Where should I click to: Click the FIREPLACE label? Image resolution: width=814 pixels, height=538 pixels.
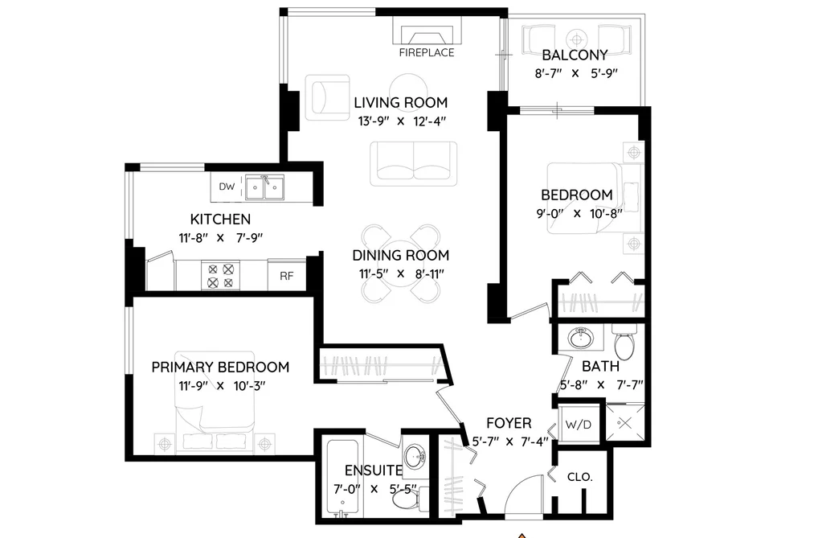[427, 52]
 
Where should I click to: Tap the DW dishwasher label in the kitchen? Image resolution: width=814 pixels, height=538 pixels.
[227, 187]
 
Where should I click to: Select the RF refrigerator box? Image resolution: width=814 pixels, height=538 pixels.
[287, 275]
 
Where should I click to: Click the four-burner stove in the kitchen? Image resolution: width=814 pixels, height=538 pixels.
[221, 275]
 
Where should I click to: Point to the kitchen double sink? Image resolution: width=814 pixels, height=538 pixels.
[264, 187]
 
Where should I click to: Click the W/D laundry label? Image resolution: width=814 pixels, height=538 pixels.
[579, 425]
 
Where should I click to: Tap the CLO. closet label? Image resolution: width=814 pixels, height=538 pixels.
[580, 477]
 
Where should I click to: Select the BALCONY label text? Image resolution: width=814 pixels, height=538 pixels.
[575, 55]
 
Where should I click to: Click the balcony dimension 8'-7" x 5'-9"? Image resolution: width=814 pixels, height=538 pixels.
[576, 73]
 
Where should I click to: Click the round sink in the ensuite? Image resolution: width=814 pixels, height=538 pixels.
[415, 457]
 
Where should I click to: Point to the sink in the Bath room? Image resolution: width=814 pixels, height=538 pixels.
[581, 338]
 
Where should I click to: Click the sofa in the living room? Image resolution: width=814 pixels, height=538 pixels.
[414, 163]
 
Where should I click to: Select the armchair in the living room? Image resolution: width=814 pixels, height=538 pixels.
[327, 97]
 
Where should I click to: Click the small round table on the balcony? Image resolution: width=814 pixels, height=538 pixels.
[576, 39]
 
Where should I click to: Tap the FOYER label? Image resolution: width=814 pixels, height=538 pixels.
[509, 423]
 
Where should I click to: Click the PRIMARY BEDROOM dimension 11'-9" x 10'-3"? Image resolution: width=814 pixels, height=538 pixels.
[223, 386]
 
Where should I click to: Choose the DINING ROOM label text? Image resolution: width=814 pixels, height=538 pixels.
[401, 256]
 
